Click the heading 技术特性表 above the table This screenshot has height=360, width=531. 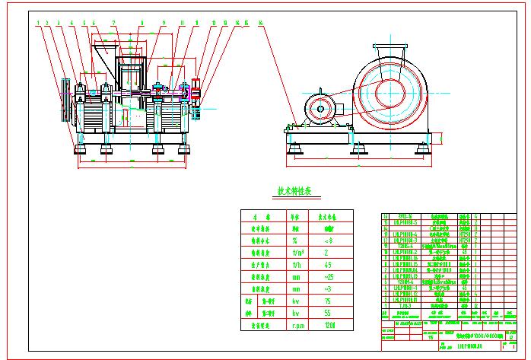point(294,192)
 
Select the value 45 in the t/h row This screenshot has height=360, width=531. point(328,265)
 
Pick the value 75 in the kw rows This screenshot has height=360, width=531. point(328,301)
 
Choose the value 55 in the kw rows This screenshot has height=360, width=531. point(328,313)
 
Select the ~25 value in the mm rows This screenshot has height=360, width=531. point(328,277)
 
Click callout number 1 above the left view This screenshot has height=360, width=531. point(37,23)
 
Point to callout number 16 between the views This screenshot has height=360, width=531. point(261,23)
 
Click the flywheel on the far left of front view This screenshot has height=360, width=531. point(65,100)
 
